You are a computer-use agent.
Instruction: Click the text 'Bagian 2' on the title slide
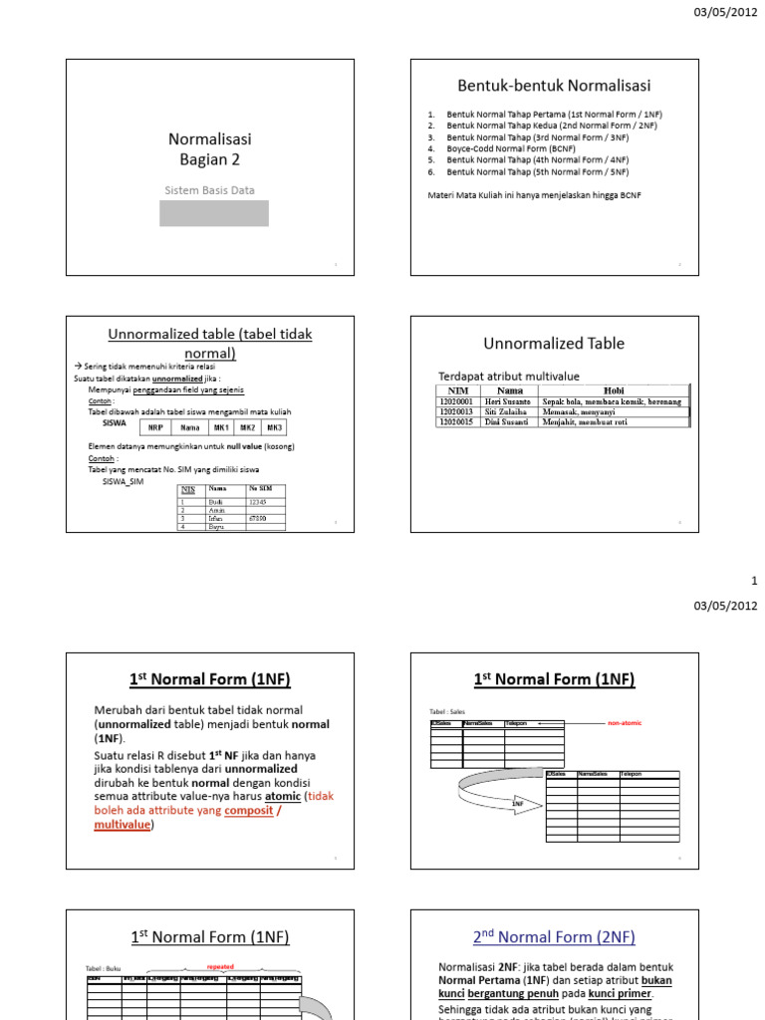pos(210,159)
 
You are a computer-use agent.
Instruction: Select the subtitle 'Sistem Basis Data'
pos(210,189)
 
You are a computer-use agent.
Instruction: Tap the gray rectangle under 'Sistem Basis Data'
pos(214,213)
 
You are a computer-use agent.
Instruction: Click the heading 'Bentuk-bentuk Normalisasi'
pos(554,87)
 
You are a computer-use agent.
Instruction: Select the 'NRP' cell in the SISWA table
pos(155,427)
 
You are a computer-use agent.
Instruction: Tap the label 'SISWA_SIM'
pos(124,481)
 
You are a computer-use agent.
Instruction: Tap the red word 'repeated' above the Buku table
pos(220,966)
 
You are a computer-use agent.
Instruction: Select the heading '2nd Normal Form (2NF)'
pos(554,936)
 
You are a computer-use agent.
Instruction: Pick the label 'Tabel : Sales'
pos(446,711)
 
